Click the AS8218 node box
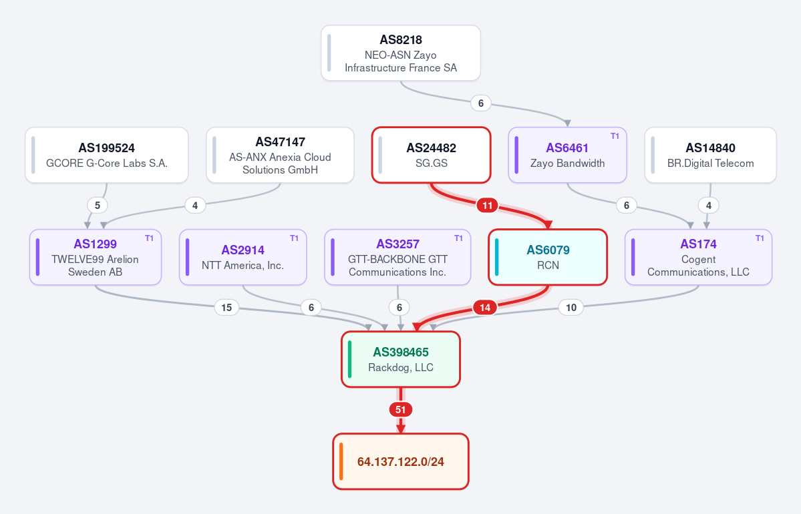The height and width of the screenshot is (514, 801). (401, 53)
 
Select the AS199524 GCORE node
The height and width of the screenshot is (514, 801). (107, 155)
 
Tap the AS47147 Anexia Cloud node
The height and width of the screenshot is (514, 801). (280, 155)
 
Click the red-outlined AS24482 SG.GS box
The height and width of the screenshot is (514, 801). (431, 155)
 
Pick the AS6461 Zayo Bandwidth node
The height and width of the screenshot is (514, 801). (568, 155)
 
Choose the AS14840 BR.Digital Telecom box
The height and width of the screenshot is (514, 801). (711, 155)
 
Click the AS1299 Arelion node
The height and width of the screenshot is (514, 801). (96, 257)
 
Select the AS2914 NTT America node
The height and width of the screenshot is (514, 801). (243, 257)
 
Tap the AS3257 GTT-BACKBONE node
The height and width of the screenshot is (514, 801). (397, 257)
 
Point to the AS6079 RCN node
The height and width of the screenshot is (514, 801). (548, 257)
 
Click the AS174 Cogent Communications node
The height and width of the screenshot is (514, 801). (698, 257)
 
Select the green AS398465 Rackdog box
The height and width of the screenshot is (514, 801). (401, 359)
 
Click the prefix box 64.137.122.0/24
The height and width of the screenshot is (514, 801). (401, 461)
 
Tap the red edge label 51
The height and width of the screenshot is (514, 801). (401, 409)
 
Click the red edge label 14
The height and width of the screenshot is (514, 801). (485, 307)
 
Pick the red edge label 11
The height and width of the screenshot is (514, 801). (487, 206)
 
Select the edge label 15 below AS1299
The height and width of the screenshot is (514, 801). (226, 307)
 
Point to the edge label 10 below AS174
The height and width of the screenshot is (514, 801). (571, 307)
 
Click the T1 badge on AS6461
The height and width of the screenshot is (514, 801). (615, 136)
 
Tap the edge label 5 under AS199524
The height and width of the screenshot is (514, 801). (97, 206)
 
